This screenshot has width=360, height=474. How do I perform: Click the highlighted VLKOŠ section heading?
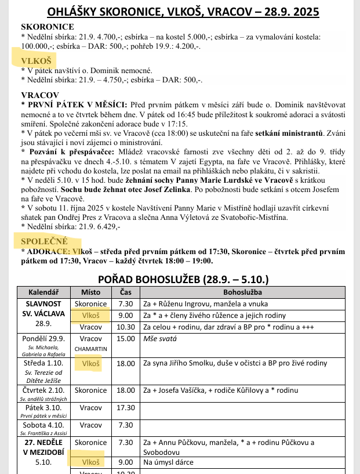click(x=37, y=60)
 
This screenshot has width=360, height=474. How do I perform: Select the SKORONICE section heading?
click(x=47, y=27)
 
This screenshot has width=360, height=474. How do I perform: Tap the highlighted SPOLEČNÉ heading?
click(x=45, y=241)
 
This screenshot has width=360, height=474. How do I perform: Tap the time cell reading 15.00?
click(x=125, y=338)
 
